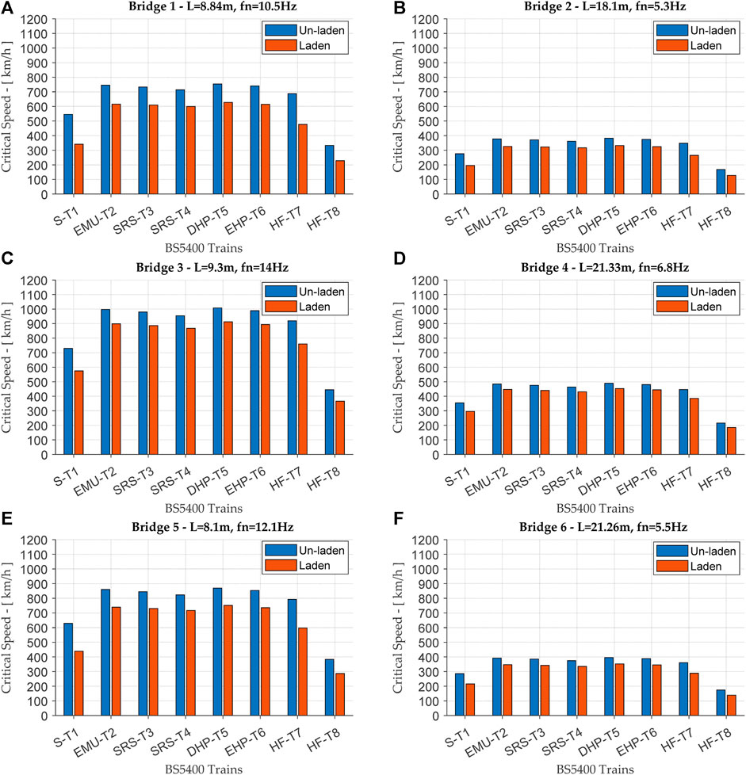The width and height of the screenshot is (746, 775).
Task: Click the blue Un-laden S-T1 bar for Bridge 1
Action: (x=68, y=155)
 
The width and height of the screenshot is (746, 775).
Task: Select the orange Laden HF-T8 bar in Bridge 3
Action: (x=340, y=428)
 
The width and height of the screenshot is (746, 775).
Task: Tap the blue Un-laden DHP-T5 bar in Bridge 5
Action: (x=217, y=652)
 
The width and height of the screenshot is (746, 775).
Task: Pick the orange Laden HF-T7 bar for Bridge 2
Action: (x=694, y=175)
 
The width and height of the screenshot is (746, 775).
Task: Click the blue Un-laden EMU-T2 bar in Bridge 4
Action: (x=497, y=420)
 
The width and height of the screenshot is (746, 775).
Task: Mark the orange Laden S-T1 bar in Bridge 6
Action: (x=470, y=700)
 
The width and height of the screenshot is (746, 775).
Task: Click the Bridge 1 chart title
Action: (x=212, y=6)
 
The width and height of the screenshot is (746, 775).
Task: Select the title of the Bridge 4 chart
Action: (x=605, y=267)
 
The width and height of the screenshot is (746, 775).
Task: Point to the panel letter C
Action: (x=7, y=258)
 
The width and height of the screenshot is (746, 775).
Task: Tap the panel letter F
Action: (x=398, y=518)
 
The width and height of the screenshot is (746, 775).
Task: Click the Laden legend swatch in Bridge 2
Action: (x=671, y=45)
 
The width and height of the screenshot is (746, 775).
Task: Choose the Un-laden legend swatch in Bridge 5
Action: (x=281, y=551)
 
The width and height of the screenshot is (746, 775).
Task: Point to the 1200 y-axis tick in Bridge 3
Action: (x=34, y=281)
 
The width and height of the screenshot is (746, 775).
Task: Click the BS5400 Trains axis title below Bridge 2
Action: (x=595, y=248)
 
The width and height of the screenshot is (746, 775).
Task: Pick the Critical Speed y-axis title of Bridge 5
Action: (x=6, y=628)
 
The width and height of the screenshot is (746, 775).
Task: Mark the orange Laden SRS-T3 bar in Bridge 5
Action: (x=153, y=662)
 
